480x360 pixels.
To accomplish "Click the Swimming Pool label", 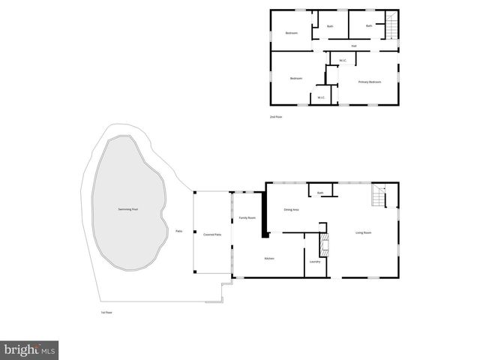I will pos(127,208).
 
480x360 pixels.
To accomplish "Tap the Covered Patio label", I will pos(212,234).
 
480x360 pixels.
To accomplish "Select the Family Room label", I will pos(247,217).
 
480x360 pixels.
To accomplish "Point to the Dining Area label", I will pos(291,209).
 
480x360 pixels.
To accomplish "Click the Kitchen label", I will pos(268,258).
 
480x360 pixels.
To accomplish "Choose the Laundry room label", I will pos(315,261).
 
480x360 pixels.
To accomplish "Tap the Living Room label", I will pos(364,232).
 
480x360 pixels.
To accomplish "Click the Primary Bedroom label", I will pos(370,81).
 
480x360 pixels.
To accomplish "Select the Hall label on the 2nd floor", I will pos(352,46).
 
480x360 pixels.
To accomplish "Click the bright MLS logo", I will pos(30,349).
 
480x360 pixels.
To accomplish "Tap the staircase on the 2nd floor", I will pos(390,27).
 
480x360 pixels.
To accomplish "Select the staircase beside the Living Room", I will pos(379,197).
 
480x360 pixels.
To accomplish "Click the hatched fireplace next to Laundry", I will pos(324,244).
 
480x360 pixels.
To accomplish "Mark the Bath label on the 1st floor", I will pos(319,193).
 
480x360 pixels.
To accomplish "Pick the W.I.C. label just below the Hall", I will pos(342,61).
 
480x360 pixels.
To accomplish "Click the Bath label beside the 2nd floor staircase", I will pos(369,25).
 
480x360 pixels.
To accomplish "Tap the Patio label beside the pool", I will pos(178,231).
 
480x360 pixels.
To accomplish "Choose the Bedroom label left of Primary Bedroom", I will pos(296,79).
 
